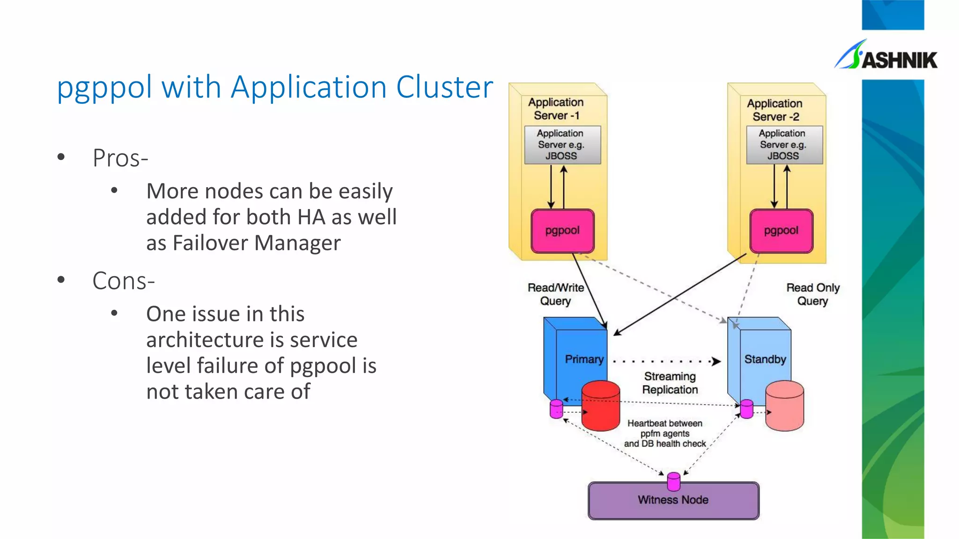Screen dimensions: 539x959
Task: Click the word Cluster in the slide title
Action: (x=444, y=87)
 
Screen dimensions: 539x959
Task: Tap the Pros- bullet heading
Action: (x=120, y=158)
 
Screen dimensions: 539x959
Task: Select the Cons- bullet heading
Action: (x=124, y=281)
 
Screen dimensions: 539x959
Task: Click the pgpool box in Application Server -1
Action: (x=562, y=231)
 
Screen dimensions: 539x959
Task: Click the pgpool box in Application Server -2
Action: (x=781, y=231)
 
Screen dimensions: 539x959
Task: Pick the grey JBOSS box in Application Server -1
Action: (x=562, y=145)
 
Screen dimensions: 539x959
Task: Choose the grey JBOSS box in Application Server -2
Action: (x=784, y=145)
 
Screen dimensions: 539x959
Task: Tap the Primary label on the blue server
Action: (x=584, y=359)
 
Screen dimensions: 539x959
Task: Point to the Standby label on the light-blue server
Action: (x=765, y=359)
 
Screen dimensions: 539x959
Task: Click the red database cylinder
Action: (x=601, y=406)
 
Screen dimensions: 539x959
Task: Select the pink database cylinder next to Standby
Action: (x=785, y=406)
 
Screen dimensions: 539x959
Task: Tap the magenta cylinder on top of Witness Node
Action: (x=673, y=481)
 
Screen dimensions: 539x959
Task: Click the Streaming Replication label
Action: (x=670, y=383)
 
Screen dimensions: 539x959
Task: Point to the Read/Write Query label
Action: (x=555, y=294)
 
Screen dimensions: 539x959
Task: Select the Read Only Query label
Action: (x=812, y=294)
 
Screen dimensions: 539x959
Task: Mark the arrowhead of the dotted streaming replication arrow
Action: (x=716, y=361)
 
